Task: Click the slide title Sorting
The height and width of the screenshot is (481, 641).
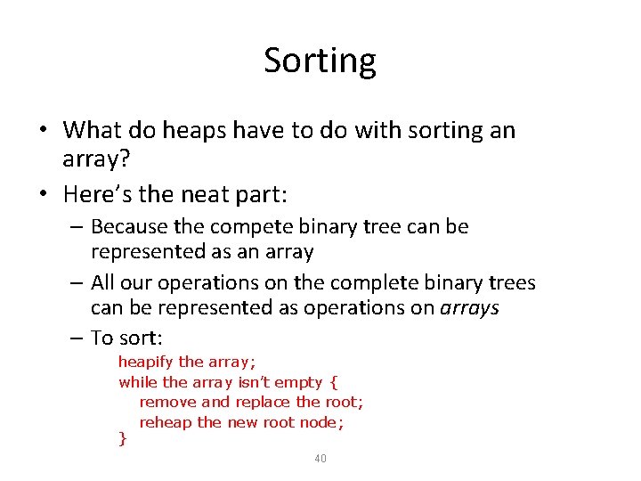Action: point(320,61)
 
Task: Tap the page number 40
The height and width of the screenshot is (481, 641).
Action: point(320,458)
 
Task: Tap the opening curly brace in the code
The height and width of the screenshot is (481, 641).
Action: point(333,382)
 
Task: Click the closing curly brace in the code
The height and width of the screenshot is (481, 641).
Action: point(123,438)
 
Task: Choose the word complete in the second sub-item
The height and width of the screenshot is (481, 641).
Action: point(374,283)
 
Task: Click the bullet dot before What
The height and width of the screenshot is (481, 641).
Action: point(43,131)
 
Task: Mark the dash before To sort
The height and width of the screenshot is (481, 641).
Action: point(78,338)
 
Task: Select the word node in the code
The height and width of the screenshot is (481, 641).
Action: point(319,422)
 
